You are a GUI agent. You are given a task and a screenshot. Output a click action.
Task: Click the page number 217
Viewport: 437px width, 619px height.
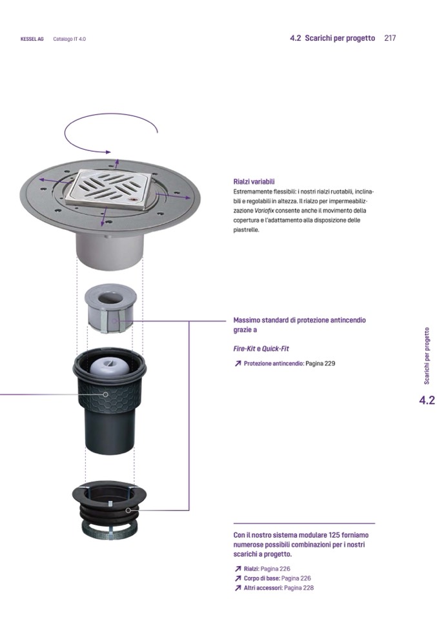coord(390,38)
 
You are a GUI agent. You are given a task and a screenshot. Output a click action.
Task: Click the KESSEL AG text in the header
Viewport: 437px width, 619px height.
coord(32,39)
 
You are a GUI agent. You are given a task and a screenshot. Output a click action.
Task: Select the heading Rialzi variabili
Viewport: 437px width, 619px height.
coord(254,182)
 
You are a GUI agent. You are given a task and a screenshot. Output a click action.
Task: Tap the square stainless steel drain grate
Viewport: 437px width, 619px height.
coord(110,187)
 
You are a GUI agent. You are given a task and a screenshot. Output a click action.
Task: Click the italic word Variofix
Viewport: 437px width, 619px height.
coord(264,211)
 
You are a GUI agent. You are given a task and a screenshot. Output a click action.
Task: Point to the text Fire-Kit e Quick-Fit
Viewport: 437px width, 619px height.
coord(261,349)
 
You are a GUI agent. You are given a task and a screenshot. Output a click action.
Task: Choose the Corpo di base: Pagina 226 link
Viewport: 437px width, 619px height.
coord(273,578)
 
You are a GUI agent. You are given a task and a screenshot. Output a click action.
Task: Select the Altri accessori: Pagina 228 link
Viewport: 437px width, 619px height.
coord(274,588)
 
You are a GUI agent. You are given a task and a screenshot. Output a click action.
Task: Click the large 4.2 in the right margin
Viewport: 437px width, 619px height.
coord(427,400)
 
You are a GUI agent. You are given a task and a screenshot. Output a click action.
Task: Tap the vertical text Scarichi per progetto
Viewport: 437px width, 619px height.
coord(427,356)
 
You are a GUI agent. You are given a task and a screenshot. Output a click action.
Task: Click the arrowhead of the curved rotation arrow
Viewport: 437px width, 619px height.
coord(108,152)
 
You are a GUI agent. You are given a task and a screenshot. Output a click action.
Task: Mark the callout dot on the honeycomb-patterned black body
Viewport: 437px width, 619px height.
coord(105,394)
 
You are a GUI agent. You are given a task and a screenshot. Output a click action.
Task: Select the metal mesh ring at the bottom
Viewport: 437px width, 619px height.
coord(110,530)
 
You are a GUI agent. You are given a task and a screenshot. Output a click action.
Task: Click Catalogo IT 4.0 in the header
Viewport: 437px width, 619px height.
coord(70,39)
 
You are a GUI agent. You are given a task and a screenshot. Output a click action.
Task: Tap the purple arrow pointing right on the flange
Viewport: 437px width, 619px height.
coord(173,196)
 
